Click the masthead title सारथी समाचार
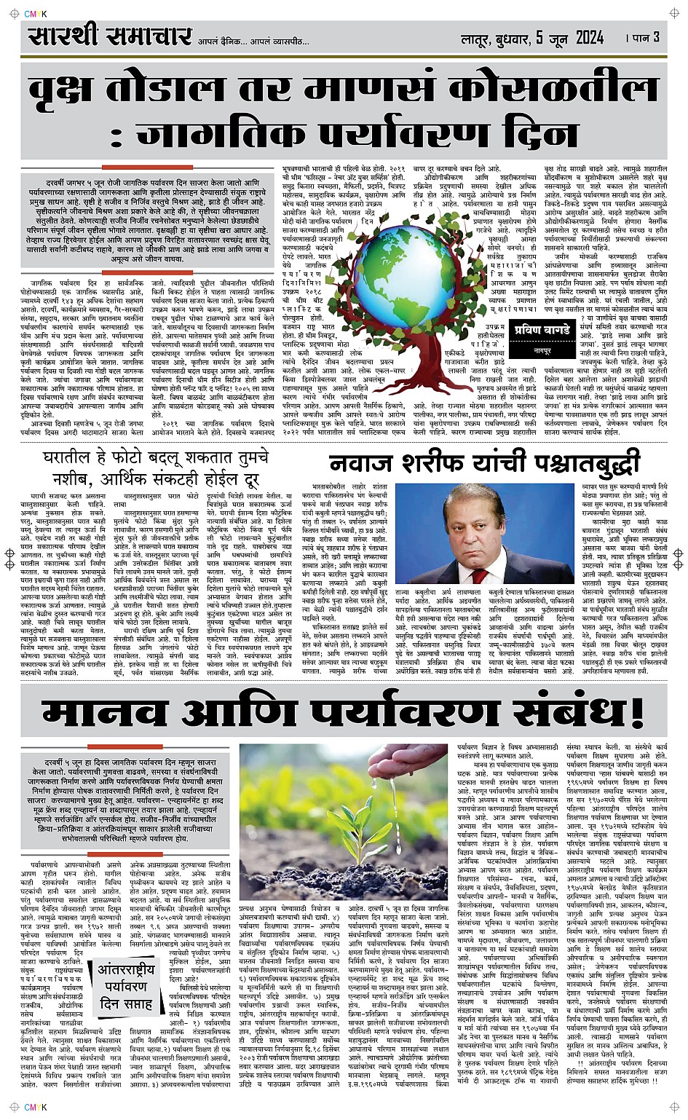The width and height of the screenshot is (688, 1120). [x=110, y=36]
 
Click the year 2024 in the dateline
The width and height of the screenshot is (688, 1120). [x=594, y=37]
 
